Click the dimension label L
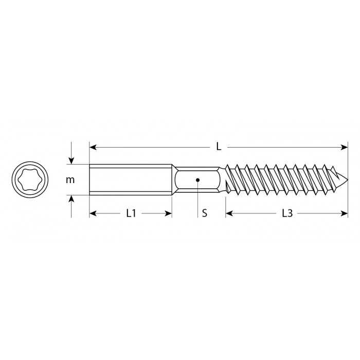219,147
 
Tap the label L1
131,213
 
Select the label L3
287,213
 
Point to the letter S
204,213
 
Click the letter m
70,180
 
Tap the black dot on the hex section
197,180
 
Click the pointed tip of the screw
347,180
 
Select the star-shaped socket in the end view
30,179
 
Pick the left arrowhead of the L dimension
93,148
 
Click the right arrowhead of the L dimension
345,148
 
